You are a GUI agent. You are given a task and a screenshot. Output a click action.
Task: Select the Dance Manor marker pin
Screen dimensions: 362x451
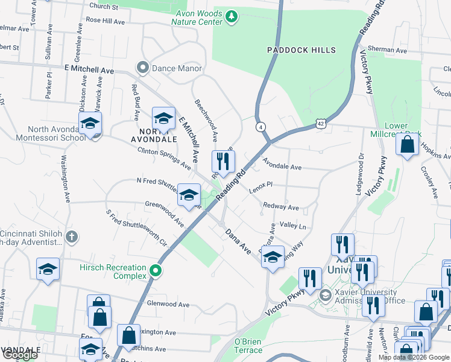pyautogui.click(x=143, y=68)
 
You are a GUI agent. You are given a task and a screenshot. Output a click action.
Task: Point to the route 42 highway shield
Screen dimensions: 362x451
pyautogui.click(x=319, y=124)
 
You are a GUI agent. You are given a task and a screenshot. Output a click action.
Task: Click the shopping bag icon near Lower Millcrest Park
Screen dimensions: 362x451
pyautogui.click(x=408, y=145)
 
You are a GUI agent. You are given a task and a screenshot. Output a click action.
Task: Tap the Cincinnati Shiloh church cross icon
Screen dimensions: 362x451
pyautogui.click(x=72, y=236)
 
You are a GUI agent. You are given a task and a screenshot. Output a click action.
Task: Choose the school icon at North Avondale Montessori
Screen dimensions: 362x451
pyautogui.click(x=90, y=124)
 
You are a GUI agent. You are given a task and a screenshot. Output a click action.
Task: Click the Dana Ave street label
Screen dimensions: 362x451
pyautogui.click(x=238, y=241)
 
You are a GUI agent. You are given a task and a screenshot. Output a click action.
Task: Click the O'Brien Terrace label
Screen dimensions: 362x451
pyautogui.click(x=248, y=346)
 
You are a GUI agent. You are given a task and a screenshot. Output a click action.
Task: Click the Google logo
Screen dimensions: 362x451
pyautogui.click(x=19, y=355)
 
